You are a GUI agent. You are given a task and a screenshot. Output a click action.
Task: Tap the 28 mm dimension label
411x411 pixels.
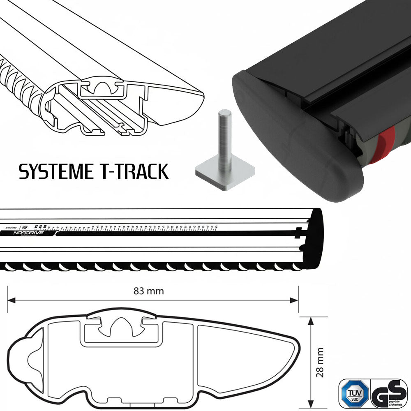[x=321, y=362]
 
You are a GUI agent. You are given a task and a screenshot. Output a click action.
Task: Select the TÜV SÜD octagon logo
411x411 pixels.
[x=354, y=393]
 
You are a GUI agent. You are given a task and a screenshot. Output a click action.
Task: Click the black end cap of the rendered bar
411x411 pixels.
[x=288, y=136]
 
